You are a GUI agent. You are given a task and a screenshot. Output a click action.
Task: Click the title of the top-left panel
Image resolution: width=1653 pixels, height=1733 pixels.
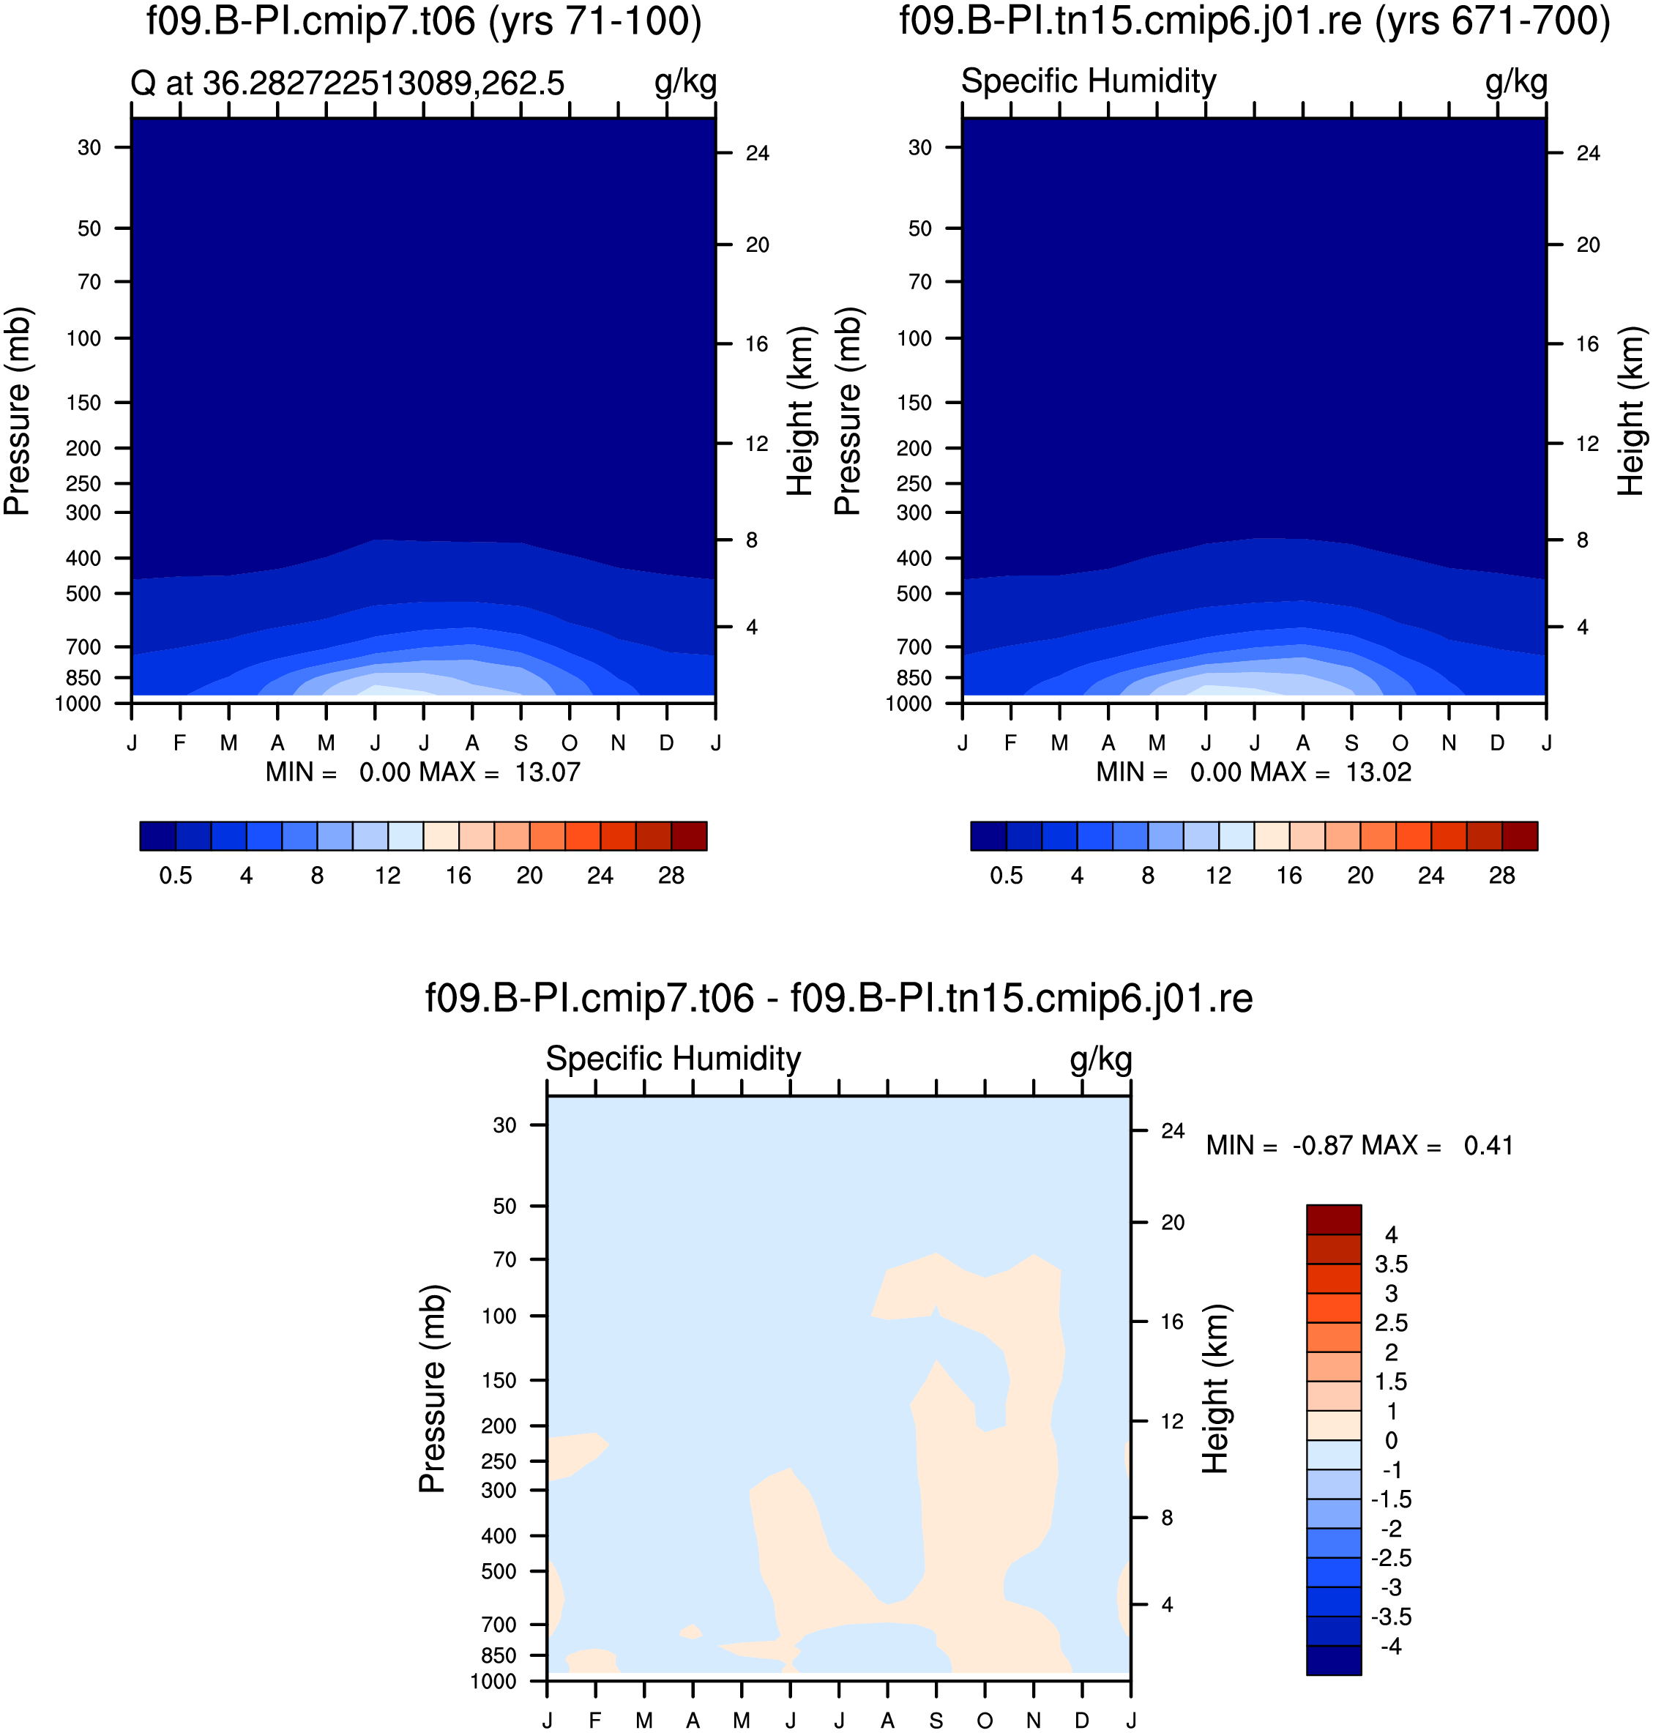(424, 21)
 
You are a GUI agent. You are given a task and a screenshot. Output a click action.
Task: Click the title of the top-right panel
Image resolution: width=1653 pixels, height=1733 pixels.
(1255, 21)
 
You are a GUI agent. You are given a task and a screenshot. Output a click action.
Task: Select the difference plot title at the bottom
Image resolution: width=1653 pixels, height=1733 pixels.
(839, 998)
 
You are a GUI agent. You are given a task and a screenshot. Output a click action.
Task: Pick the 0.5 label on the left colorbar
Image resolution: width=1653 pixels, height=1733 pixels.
(176, 876)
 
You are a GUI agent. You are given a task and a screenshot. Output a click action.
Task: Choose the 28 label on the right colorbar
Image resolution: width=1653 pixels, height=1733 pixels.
(1501, 876)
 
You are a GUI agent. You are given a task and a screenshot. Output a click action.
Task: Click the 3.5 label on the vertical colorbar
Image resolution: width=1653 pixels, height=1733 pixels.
(1392, 1264)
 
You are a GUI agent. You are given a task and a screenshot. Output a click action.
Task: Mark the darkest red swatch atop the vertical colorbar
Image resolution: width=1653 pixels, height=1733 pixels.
(1333, 1219)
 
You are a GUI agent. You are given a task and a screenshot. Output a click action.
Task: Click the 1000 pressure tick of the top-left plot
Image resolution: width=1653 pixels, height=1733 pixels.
(78, 704)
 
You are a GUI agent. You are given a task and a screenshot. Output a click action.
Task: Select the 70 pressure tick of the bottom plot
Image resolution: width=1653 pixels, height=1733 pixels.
(505, 1260)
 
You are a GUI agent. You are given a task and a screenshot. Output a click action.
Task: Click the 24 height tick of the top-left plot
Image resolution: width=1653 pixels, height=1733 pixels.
(757, 153)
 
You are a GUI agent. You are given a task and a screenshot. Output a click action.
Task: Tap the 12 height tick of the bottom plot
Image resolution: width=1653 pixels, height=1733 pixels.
(1172, 1421)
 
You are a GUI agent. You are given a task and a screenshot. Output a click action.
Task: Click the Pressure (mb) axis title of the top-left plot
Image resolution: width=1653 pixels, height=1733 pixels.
(17, 411)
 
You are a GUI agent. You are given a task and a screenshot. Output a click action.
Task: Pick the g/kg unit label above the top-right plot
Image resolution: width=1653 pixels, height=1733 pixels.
(1516, 82)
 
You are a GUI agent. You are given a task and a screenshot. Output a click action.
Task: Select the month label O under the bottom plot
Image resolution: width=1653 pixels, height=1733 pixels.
(985, 1721)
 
